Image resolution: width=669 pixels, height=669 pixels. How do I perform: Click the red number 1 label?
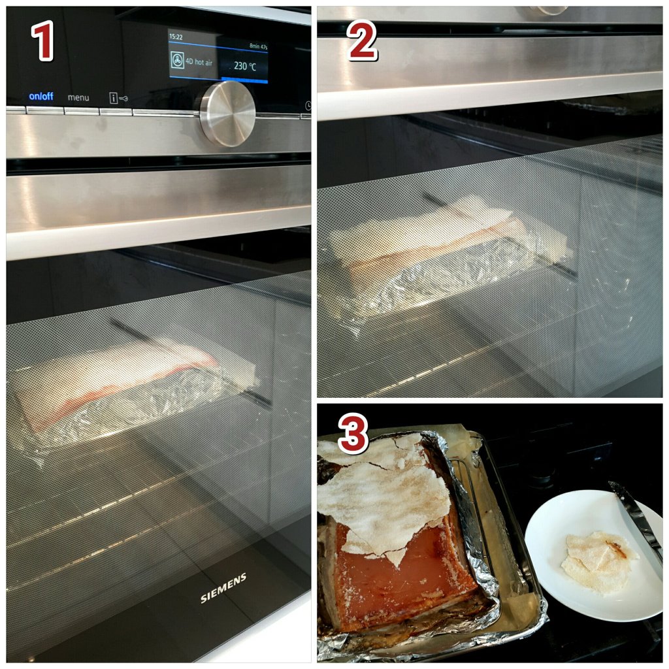[42, 41]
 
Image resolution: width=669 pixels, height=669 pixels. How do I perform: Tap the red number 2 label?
[362, 41]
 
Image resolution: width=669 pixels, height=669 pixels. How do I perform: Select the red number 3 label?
[353, 434]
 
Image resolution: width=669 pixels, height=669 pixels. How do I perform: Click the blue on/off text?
[41, 97]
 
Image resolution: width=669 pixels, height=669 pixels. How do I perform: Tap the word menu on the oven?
[78, 98]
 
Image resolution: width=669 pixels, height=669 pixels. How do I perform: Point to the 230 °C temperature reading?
[245, 66]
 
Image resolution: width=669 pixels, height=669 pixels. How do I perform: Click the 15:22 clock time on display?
[176, 37]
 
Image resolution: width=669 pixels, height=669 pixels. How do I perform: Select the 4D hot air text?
[199, 62]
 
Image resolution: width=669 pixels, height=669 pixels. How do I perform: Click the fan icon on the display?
[177, 60]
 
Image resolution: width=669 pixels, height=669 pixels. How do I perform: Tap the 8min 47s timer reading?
[258, 46]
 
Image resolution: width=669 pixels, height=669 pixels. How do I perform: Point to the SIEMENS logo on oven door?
[223, 588]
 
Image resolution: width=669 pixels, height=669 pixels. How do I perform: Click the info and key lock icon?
[118, 98]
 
